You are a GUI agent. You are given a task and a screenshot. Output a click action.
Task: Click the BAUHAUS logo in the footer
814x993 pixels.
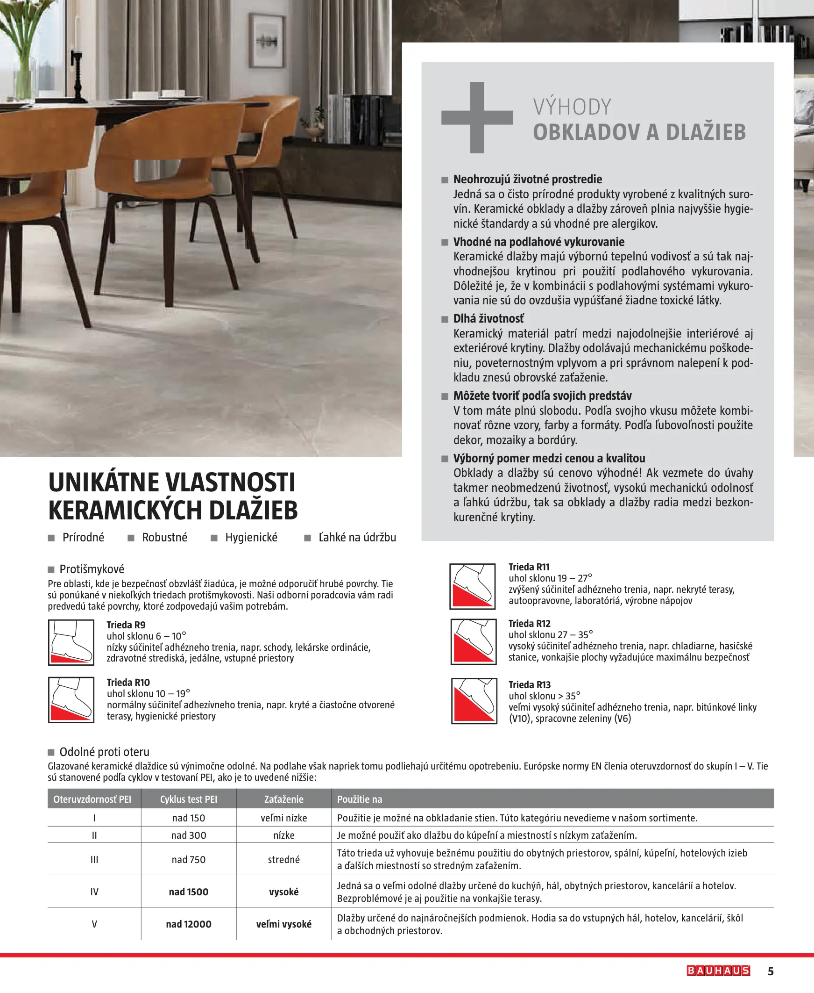click(x=718, y=971)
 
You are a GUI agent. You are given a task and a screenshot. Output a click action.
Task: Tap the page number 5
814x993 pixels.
click(x=771, y=971)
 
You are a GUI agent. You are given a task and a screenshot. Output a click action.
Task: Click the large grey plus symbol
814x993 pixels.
click(x=477, y=117)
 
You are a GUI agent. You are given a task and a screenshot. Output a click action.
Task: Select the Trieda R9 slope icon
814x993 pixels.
click(x=71, y=642)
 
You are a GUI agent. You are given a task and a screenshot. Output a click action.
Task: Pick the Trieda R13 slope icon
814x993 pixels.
click(x=474, y=701)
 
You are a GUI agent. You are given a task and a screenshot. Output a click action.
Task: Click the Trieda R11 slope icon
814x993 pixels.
click(x=473, y=586)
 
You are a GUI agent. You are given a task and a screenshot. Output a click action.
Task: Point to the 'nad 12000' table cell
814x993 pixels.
click(x=189, y=923)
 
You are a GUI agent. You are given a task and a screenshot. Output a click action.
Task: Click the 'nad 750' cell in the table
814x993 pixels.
click(x=189, y=859)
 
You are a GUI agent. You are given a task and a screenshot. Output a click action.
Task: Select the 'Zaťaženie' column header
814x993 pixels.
click(x=283, y=799)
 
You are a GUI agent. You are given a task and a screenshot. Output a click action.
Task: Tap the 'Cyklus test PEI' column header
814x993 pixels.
click(x=189, y=799)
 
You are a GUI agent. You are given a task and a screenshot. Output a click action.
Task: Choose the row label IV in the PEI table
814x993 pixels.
click(x=94, y=892)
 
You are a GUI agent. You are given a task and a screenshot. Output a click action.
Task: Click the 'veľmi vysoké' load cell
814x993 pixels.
click(x=283, y=923)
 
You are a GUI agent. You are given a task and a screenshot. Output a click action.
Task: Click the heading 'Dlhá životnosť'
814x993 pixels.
click(x=488, y=319)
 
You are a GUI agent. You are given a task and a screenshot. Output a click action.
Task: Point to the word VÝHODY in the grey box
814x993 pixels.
click(x=572, y=107)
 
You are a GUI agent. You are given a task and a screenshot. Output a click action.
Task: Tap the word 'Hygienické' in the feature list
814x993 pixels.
click(x=251, y=537)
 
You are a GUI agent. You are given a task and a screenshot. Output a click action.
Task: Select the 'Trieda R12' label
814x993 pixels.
click(x=530, y=623)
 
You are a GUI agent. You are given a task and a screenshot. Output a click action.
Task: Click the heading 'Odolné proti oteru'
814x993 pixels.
click(x=104, y=752)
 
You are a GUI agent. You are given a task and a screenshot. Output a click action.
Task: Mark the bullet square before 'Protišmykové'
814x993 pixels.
click(x=51, y=570)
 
